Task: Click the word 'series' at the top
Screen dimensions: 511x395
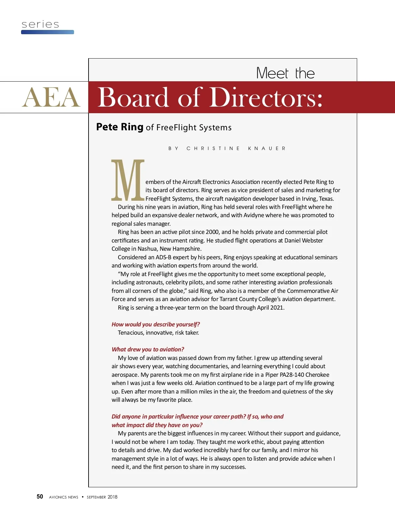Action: coord(40,24)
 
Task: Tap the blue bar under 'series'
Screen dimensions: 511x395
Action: coord(47,32)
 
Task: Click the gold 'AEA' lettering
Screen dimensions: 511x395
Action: coord(51,97)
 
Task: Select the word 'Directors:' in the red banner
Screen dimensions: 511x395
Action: coord(266,97)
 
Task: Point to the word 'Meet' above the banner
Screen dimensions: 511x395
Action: coord(272,73)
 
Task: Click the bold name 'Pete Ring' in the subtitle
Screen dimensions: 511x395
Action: coord(119,127)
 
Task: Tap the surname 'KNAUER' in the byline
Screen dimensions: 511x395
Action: coord(267,148)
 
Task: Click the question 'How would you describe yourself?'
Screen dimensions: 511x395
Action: coord(155,324)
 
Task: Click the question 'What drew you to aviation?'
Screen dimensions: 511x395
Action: coord(148,349)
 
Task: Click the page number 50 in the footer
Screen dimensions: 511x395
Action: coord(40,497)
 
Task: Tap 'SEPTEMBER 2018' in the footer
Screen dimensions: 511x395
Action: coord(102,497)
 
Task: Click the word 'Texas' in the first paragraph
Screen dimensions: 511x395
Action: coord(326,199)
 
